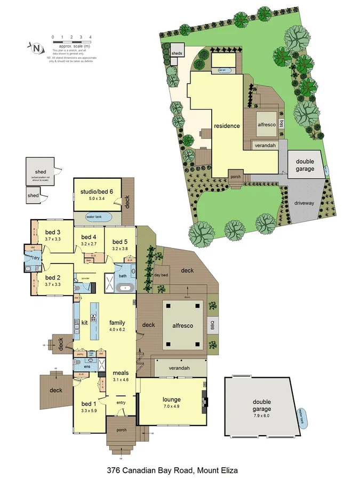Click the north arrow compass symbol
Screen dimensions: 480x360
[x=37, y=48]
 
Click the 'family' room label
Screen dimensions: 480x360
[x=117, y=323]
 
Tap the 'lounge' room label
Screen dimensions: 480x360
[x=172, y=399]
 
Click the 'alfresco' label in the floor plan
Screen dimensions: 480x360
[x=183, y=325]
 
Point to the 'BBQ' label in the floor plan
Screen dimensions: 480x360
[x=212, y=325]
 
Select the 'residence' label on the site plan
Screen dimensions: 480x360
[x=227, y=126]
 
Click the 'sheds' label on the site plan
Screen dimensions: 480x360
[x=177, y=53]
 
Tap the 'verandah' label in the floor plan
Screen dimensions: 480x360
[x=179, y=368]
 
